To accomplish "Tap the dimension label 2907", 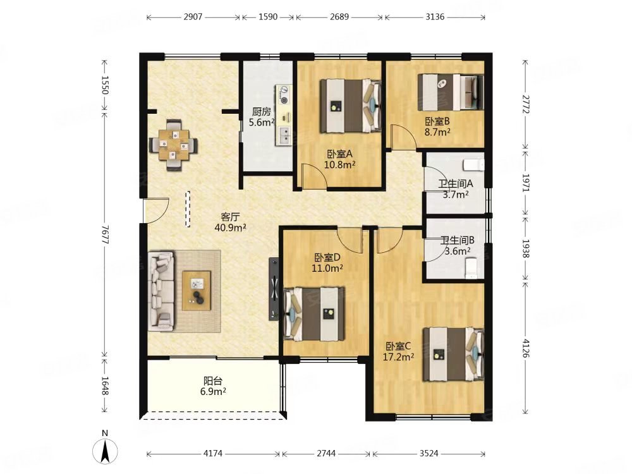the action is tap(193, 17).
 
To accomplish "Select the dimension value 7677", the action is tap(105, 234).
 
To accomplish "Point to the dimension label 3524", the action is tap(428, 453).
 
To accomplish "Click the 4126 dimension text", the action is tap(526, 349).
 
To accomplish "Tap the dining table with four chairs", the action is tap(174, 145).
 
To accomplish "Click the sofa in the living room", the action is tap(161, 291).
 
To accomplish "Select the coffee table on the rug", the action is tap(197, 291).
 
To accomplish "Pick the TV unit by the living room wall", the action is tap(274, 289).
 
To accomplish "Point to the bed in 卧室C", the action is tap(453, 354).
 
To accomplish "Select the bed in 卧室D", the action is tap(314, 314).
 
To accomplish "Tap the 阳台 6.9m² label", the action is tap(213, 386).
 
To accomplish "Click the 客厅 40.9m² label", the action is tap(230, 222).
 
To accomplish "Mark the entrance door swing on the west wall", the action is tap(156, 210).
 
